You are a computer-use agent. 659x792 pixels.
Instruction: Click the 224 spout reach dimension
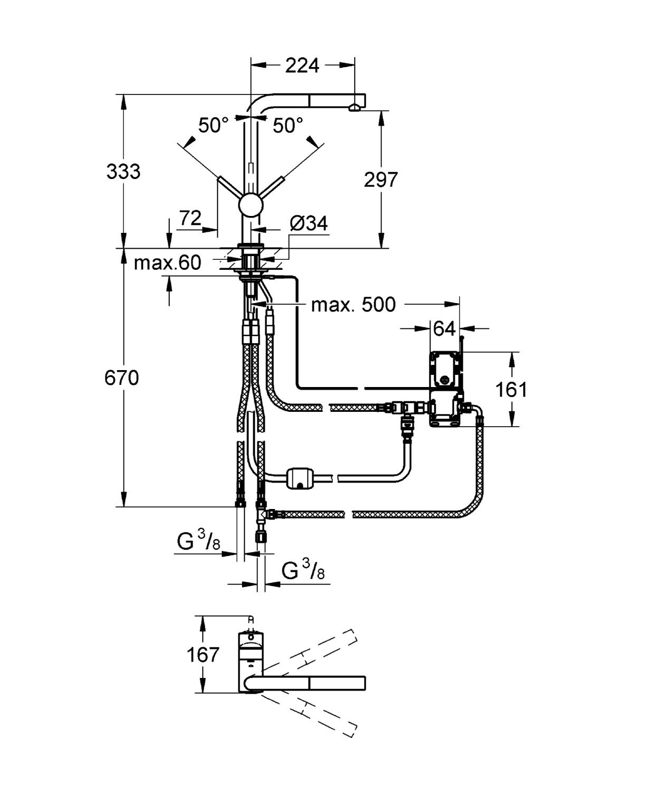tap(302, 65)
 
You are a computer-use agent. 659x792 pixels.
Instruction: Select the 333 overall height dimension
tap(123, 172)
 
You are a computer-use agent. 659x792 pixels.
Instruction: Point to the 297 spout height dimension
tap(380, 180)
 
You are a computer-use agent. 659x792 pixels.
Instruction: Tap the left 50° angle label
tap(214, 126)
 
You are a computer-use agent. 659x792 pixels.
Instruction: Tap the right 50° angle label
tap(288, 126)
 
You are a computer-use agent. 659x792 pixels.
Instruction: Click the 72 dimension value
tap(190, 218)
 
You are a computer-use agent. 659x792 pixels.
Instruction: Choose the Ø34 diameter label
tap(308, 224)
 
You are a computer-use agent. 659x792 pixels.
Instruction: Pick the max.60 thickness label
tap(167, 262)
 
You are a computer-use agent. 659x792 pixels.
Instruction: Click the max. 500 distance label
tap(353, 305)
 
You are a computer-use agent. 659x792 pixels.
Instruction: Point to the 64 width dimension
tap(444, 328)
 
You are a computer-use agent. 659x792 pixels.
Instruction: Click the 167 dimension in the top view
tap(203, 655)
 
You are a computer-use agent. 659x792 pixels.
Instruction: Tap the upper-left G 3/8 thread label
tap(198, 543)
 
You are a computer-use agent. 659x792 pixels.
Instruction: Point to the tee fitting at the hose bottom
tap(261, 513)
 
